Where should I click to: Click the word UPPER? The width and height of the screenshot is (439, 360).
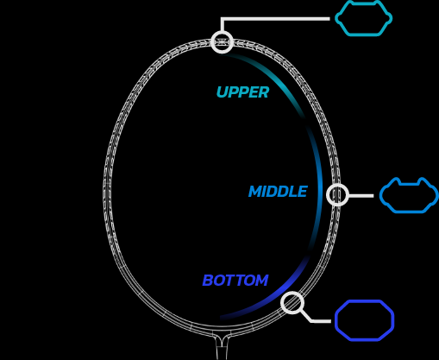[x=242, y=92]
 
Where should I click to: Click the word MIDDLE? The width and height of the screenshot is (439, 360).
[x=278, y=192]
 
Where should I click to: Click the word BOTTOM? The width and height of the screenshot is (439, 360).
[x=235, y=281]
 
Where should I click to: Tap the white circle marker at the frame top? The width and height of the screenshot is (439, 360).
[x=222, y=42]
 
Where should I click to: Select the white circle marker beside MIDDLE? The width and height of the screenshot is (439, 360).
[x=337, y=195]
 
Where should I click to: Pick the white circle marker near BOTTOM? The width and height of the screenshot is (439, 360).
[x=292, y=303]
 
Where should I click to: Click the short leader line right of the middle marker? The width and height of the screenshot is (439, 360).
[x=361, y=196]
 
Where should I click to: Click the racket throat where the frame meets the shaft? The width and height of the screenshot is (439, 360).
[x=222, y=339]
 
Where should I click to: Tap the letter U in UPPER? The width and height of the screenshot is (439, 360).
[x=222, y=92]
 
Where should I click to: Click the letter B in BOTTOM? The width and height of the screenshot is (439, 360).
[x=208, y=281]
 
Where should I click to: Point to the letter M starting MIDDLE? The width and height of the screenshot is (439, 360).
[x=256, y=192]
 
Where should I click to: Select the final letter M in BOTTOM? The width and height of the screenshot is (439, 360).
[x=261, y=281]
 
